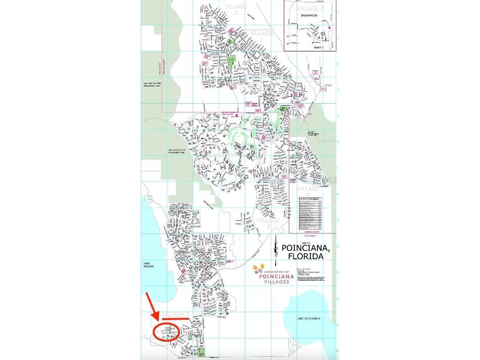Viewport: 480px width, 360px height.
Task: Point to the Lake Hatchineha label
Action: (x=308, y=318)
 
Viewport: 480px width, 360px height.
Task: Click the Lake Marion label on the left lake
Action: (x=149, y=265)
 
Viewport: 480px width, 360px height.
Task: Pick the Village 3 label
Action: (x=268, y=223)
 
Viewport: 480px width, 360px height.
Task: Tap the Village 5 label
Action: (x=308, y=191)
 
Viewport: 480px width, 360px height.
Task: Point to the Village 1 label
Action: (x=262, y=36)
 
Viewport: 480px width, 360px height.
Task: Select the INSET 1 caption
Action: (x=318, y=47)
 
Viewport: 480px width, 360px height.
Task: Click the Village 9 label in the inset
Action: (x=310, y=8)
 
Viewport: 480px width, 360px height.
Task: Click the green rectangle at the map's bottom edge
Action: (x=202, y=352)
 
